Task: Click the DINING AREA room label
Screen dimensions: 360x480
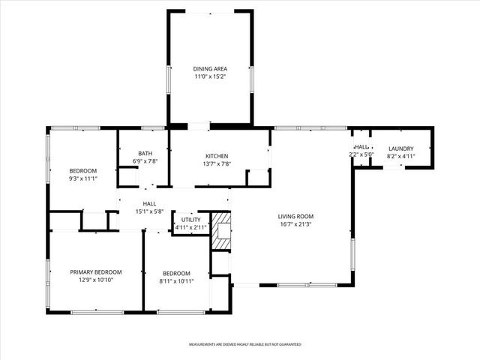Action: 210,69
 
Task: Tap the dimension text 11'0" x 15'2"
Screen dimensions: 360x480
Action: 210,76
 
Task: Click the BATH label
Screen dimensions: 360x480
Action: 144,153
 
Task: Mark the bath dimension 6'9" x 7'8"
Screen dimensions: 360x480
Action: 144,161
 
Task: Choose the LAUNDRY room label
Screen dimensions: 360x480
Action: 402,148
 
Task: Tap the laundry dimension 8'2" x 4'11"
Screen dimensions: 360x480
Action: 402,157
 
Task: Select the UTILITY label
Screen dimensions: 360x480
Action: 190,220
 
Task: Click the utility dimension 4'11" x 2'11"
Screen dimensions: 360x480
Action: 190,227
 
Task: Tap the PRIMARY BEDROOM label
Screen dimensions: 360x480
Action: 96,271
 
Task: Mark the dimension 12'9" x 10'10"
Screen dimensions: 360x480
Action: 96,280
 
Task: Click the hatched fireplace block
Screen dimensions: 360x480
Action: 221,231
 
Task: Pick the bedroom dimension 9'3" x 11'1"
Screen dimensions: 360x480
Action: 84,179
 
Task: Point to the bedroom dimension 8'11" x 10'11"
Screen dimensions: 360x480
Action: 176,281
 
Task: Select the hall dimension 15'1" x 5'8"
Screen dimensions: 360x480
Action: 149,211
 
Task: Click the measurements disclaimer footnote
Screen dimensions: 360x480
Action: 245,344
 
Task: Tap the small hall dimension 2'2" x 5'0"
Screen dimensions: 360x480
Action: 361,154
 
